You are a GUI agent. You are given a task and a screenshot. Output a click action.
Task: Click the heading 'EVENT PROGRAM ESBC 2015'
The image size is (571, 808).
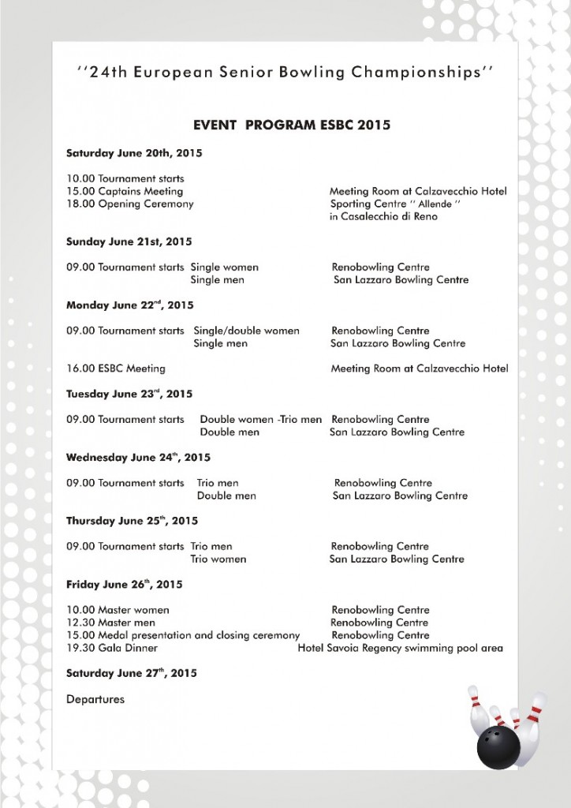click(x=291, y=125)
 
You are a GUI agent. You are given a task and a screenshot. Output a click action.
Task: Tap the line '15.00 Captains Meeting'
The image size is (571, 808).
click(x=125, y=191)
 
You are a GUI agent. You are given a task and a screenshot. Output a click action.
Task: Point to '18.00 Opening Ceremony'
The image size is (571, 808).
click(x=129, y=204)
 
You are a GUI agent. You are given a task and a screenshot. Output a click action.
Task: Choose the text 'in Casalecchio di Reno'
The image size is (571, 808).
click(x=383, y=216)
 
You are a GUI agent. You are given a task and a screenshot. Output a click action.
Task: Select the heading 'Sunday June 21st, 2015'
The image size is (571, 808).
click(x=129, y=241)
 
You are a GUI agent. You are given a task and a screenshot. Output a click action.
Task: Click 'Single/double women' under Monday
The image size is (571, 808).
click(x=246, y=331)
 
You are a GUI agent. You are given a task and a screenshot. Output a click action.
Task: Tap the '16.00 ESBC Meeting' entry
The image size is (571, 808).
click(x=115, y=368)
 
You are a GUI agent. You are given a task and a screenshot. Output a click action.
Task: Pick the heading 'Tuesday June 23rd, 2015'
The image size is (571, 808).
click(x=129, y=394)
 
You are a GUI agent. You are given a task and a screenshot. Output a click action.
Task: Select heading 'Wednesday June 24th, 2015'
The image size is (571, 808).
click(x=138, y=457)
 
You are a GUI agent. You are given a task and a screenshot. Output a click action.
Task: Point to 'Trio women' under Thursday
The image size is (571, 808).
click(x=218, y=559)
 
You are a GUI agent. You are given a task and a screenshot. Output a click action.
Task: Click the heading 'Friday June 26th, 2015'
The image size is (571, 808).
click(x=124, y=585)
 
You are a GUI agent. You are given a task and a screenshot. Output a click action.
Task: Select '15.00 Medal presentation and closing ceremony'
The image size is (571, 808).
click(x=183, y=635)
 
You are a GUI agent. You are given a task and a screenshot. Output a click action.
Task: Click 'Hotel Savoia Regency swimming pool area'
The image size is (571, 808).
click(x=400, y=648)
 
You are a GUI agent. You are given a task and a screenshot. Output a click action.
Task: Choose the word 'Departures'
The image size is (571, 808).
click(x=95, y=699)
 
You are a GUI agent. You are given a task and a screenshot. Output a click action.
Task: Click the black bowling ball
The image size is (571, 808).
click(x=498, y=746)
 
